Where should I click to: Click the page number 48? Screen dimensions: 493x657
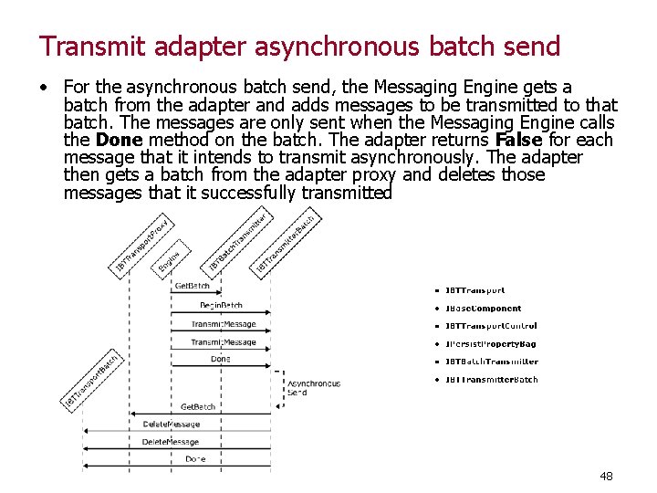606,476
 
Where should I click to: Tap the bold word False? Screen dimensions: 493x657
517,141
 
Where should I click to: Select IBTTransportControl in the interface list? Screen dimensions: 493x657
491,326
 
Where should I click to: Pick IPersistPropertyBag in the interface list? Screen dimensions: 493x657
490,344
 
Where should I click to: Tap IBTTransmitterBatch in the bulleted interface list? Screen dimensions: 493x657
491,380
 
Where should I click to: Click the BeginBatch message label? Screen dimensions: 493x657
221,305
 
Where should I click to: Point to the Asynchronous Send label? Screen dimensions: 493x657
314,387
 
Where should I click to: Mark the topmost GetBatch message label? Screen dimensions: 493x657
193,286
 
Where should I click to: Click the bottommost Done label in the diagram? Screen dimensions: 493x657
195,458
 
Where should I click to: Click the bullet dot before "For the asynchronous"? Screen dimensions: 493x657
44,89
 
